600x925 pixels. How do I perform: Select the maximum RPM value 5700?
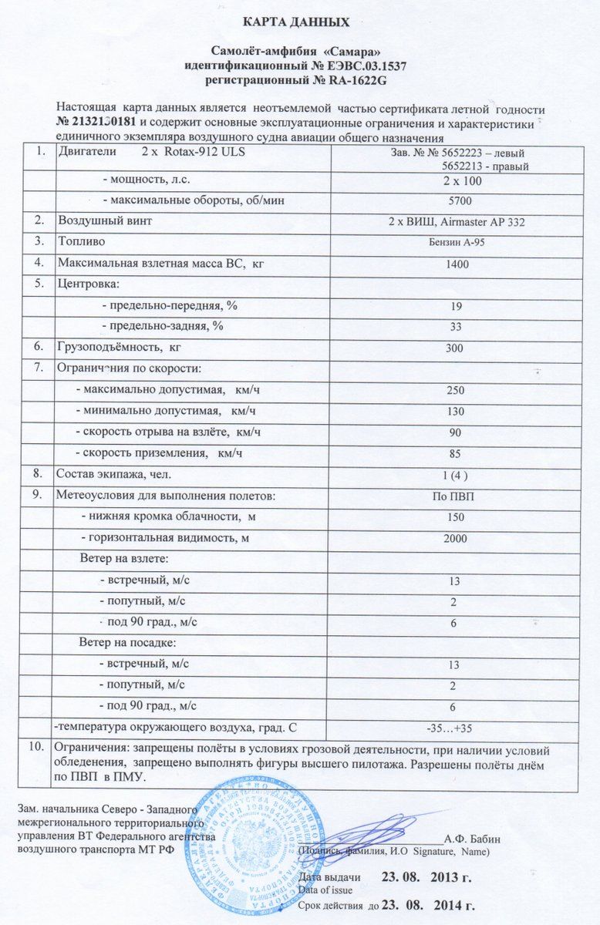pyautogui.click(x=456, y=201)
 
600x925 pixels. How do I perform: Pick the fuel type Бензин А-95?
pyautogui.click(x=456, y=243)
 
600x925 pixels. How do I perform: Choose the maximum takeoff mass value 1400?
pyautogui.click(x=456, y=264)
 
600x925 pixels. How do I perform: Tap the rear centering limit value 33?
pyautogui.click(x=456, y=327)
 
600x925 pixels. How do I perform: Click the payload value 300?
pyautogui.click(x=455, y=348)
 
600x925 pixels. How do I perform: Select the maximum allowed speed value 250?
pyautogui.click(x=456, y=390)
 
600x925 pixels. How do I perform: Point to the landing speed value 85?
pyautogui.click(x=456, y=453)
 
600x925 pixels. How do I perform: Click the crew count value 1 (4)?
pyautogui.click(x=456, y=474)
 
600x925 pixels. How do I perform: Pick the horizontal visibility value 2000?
pyautogui.click(x=455, y=538)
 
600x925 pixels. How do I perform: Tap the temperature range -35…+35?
pyautogui.click(x=455, y=728)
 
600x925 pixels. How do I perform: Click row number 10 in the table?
pyautogui.click(x=35, y=748)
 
